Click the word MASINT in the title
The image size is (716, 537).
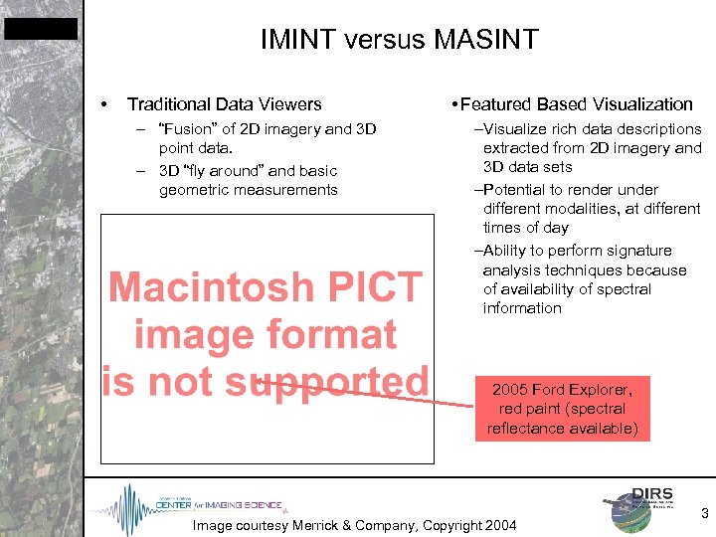click(486, 40)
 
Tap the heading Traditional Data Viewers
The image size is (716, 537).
click(225, 104)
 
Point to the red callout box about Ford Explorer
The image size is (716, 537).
click(562, 408)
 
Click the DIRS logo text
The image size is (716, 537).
click(652, 494)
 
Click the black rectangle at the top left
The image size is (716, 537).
click(40, 29)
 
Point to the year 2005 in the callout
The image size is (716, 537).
click(510, 389)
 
